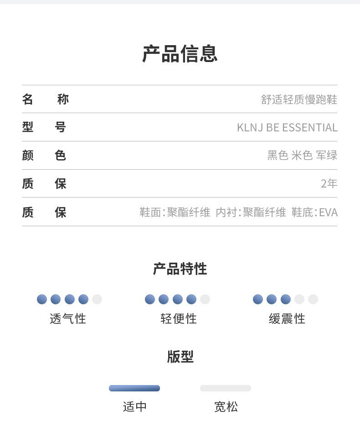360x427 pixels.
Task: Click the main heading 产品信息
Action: [x=180, y=54]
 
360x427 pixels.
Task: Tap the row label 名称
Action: [x=45, y=99]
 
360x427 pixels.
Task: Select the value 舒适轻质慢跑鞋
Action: [x=299, y=99]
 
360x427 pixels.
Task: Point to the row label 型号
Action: [x=44, y=127]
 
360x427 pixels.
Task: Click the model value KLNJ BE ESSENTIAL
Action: [x=287, y=128]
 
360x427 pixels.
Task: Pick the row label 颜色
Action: [x=44, y=156]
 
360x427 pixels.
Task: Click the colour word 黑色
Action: [x=278, y=156]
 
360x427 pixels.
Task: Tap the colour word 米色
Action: [x=302, y=156]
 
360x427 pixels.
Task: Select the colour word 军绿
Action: [x=327, y=156]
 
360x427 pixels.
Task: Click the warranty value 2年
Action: [x=329, y=184]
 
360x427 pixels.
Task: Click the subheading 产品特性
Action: [x=180, y=269]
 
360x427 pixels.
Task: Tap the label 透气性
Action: [x=68, y=318]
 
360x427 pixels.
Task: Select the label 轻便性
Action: [x=179, y=318]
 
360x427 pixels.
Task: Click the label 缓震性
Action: [x=287, y=318]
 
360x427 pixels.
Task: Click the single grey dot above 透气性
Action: [x=97, y=299]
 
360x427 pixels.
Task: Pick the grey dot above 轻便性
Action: [x=205, y=299]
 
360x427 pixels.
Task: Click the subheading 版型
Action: [x=180, y=357]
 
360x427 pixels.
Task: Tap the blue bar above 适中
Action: [x=134, y=388]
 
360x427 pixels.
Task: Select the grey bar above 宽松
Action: [x=226, y=388]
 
